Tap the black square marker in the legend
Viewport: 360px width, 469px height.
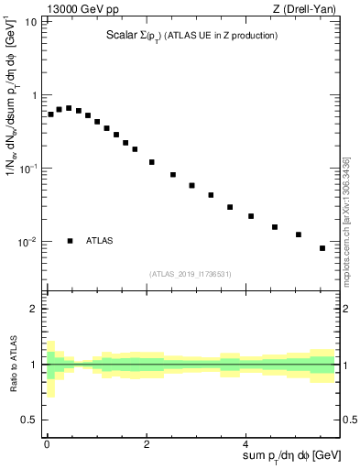tap(70, 241)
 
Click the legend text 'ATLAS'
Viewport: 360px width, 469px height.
tap(100, 241)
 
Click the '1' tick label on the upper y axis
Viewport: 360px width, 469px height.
tap(34, 95)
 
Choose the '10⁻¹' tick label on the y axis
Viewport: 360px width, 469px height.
tap(28, 169)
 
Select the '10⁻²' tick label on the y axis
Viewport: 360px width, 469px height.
tap(28, 242)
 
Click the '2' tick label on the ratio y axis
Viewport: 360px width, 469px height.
tap(34, 309)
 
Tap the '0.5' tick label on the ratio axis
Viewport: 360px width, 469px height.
tap(29, 420)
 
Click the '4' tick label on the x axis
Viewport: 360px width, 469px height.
tap(248, 442)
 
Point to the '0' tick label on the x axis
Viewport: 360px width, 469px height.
tap(47, 442)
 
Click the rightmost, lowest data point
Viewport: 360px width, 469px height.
tap(322, 248)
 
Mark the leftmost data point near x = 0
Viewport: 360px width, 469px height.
tap(50, 115)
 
